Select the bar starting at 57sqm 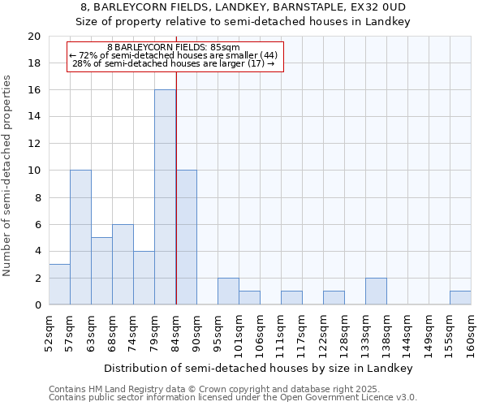pyautogui.click(x=80, y=237)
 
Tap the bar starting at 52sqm pyautogui.click(x=59, y=284)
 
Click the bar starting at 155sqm pyautogui.click(x=460, y=298)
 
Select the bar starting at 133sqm pyautogui.click(x=376, y=292)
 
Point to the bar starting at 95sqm pyautogui.click(x=228, y=292)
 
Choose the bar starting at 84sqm pyautogui.click(x=187, y=237)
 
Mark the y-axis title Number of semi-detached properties pyautogui.click(x=8, y=175)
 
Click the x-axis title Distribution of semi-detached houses pyautogui.click(x=260, y=368)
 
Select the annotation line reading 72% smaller pyautogui.click(x=174, y=55)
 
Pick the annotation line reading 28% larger pyautogui.click(x=174, y=63)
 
